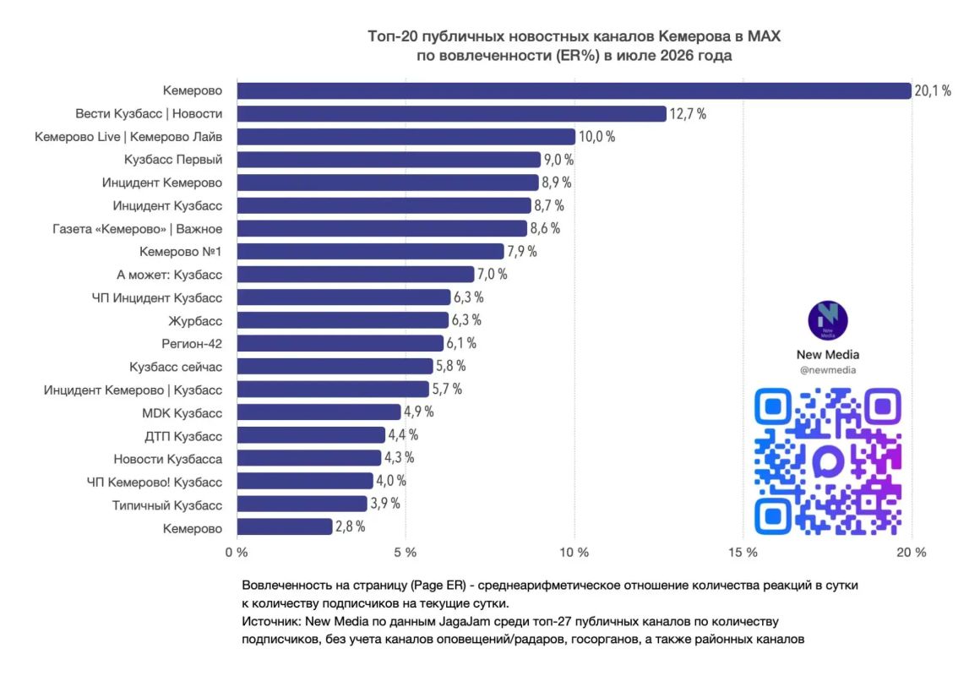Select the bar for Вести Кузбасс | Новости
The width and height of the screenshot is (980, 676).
(451, 114)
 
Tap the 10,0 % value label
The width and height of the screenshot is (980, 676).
(597, 136)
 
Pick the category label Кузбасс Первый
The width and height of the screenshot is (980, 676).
(173, 160)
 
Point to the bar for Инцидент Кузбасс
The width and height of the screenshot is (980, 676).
(384, 205)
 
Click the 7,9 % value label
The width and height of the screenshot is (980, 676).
(522, 252)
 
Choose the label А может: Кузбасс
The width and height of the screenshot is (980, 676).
(169, 275)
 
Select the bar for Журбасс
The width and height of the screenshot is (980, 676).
(342, 320)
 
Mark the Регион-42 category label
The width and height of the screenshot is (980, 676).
(192, 343)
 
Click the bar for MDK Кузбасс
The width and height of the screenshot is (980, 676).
(318, 412)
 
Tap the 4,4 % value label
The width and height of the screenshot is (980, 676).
(403, 434)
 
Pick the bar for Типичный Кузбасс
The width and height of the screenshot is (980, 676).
(302, 504)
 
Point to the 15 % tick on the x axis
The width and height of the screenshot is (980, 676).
(743, 552)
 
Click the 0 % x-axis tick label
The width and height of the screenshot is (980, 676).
(237, 552)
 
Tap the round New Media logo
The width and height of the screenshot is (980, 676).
(827, 320)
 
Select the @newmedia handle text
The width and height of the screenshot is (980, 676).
(827, 369)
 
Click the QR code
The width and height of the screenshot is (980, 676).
(827, 461)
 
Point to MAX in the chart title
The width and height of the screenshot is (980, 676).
(764, 36)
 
